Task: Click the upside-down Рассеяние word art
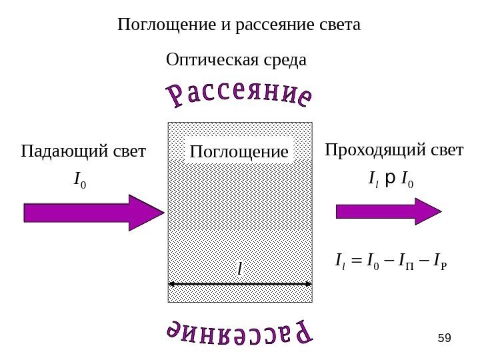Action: click(239, 333)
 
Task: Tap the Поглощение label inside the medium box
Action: click(239, 153)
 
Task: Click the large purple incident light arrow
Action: click(93, 213)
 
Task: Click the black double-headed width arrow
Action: click(240, 283)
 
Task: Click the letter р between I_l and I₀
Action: click(391, 179)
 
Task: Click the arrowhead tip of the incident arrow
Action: click(163, 213)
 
